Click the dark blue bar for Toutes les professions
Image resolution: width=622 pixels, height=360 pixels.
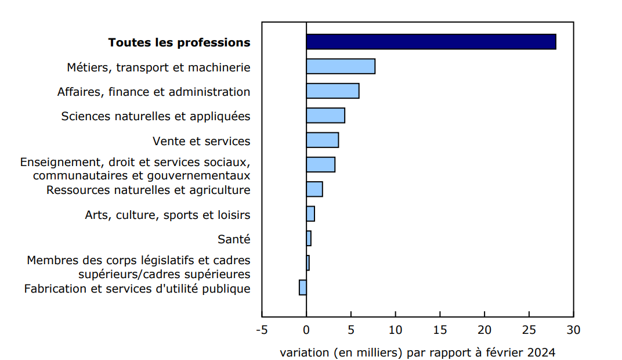pos(431,42)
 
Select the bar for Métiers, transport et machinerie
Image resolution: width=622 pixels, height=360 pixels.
pos(341,66)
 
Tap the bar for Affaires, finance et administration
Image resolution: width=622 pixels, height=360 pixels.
pos(332,91)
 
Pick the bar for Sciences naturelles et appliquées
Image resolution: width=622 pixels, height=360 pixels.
pos(326,116)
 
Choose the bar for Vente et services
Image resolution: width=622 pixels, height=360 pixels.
pos(322,140)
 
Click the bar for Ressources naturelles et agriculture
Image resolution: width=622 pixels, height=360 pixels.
pos(314,189)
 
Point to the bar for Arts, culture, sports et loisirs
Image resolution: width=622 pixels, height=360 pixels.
pos(310,214)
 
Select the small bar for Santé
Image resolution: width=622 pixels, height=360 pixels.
pos(309,238)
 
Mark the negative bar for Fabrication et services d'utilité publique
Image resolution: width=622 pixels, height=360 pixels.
pos(303,287)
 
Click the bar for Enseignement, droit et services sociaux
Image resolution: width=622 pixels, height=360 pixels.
pos(320,164)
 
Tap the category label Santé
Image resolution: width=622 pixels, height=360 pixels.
pos(234,239)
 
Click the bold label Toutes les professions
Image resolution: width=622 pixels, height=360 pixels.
pos(179,42)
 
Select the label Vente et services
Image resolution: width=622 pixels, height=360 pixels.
pos(201,141)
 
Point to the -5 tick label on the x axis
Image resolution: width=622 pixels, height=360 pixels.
pos(262,330)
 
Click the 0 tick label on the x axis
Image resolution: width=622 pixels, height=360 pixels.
pos(306,330)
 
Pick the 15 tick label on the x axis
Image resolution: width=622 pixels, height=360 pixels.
pos(440,330)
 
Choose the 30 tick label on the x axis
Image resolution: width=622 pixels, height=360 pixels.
pos(573,330)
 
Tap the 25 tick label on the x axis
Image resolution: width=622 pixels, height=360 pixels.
pos(529,330)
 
